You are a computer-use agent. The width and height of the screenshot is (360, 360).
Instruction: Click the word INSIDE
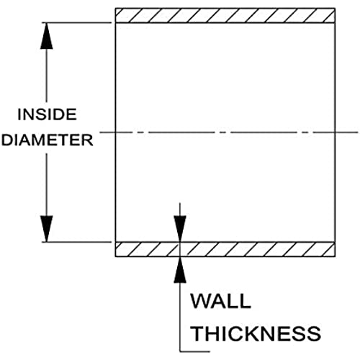(x=47, y=114)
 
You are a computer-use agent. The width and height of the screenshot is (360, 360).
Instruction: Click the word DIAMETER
(x=47, y=140)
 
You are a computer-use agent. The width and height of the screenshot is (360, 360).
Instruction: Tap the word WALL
(x=221, y=301)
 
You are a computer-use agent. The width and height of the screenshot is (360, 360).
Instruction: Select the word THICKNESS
(x=256, y=333)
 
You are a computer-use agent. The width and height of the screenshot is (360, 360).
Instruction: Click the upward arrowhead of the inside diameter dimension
(x=47, y=36)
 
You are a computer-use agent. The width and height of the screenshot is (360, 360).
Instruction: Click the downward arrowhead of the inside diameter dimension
(x=47, y=229)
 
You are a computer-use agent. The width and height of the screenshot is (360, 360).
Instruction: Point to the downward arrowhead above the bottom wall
(x=180, y=229)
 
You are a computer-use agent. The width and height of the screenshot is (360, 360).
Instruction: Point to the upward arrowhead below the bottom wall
(x=180, y=270)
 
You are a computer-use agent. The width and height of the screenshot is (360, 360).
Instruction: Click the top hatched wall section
(x=225, y=16)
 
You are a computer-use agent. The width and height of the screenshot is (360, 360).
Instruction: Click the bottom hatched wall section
(x=225, y=249)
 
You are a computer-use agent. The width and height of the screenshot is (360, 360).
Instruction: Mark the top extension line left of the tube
(x=77, y=23)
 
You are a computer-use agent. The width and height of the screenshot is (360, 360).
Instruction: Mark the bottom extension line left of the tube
(x=77, y=242)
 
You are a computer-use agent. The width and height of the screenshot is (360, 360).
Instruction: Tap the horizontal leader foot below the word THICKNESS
(x=195, y=352)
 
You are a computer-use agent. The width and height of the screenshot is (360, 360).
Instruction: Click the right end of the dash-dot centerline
(x=358, y=132)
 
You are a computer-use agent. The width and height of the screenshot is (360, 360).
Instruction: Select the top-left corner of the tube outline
(x=115, y=9)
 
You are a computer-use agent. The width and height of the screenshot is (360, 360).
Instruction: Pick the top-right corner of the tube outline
(x=335, y=9)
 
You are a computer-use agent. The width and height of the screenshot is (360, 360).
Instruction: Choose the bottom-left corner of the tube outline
(x=115, y=257)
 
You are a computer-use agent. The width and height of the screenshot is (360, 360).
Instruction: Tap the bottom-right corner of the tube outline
(x=335, y=257)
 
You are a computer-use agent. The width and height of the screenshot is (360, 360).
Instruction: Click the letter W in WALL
(x=200, y=301)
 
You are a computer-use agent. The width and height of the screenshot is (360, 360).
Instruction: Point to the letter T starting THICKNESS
(x=199, y=333)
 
